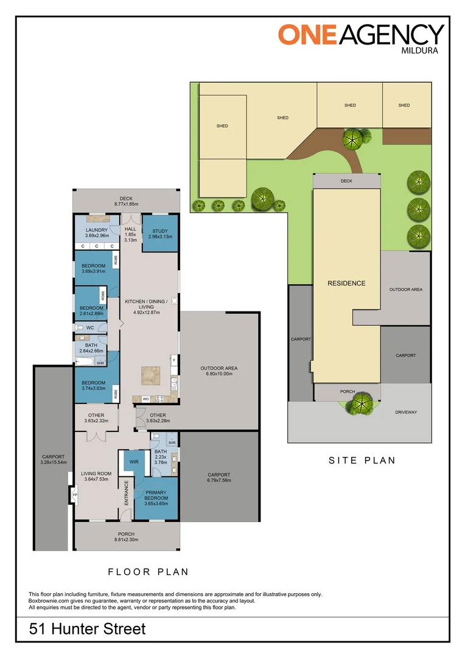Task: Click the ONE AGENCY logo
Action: pyautogui.click(x=361, y=33)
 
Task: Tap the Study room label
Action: pyautogui.click(x=161, y=234)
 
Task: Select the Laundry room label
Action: pyautogui.click(x=97, y=232)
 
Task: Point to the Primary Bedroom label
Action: pyautogui.click(x=156, y=496)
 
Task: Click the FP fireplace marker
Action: pyautogui.click(x=75, y=495)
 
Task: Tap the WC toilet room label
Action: pyautogui.click(x=89, y=327)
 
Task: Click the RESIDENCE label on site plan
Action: pyautogui.click(x=346, y=283)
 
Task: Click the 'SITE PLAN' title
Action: pyautogui.click(x=362, y=461)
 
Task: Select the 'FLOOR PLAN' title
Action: pyautogui.click(x=148, y=571)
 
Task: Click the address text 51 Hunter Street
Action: pyautogui.click(x=88, y=628)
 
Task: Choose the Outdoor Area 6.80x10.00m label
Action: pyautogui.click(x=219, y=371)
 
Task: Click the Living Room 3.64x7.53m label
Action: pyautogui.click(x=97, y=476)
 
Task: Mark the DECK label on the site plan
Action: pyautogui.click(x=346, y=181)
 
